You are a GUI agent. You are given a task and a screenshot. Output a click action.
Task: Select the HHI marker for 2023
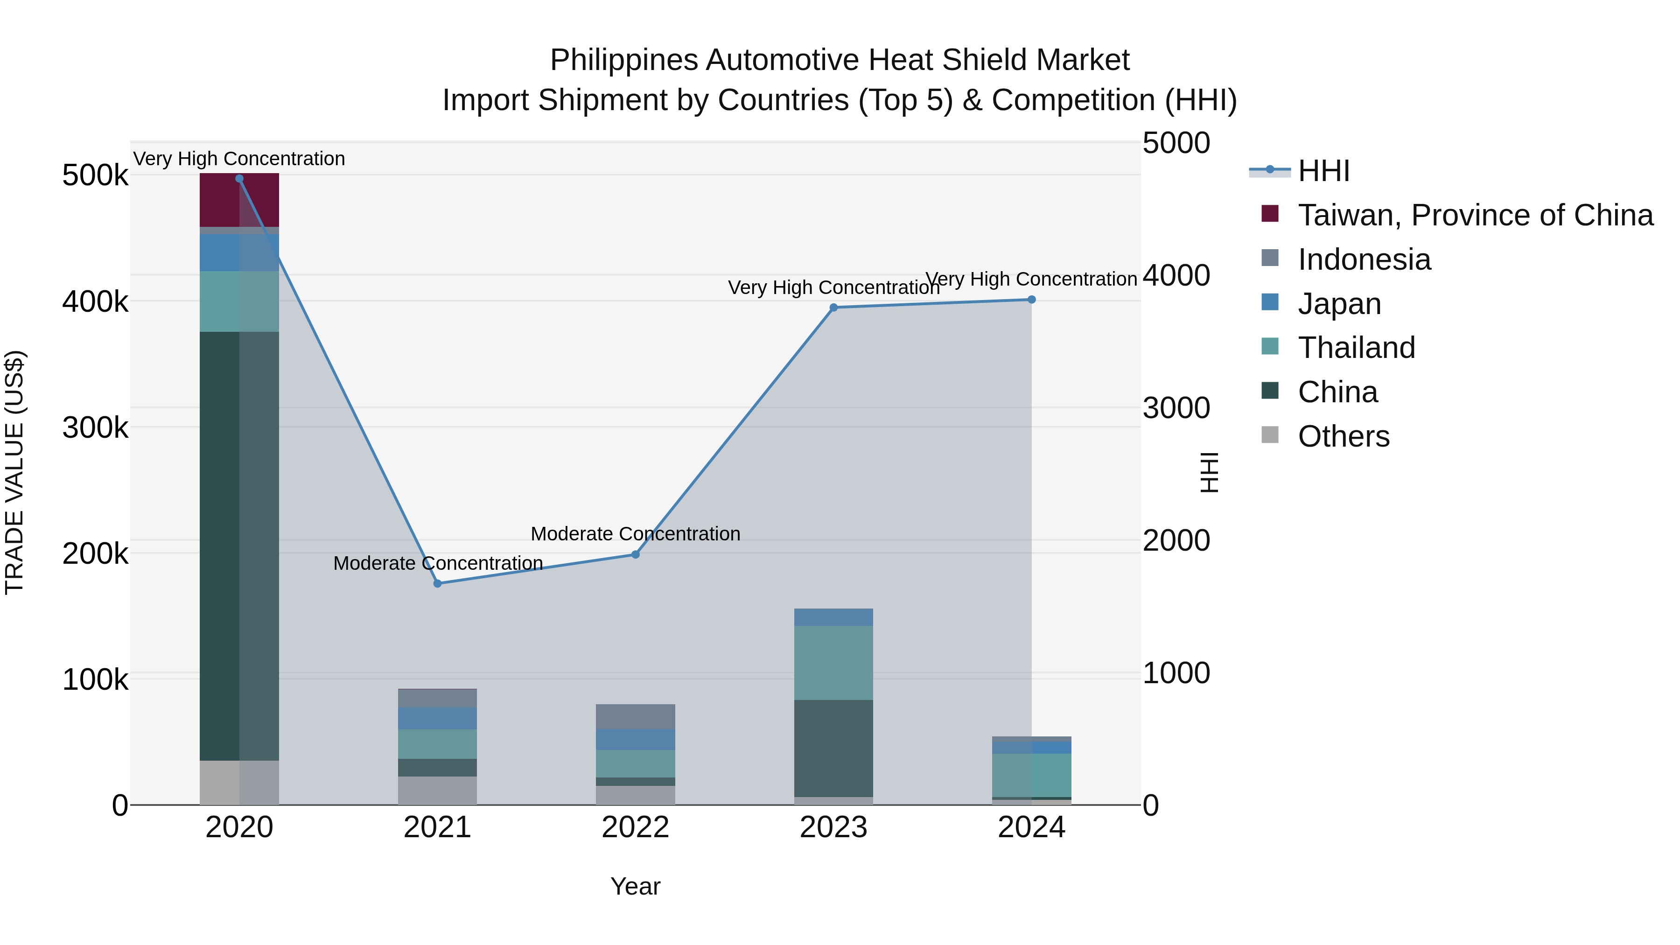[x=833, y=307]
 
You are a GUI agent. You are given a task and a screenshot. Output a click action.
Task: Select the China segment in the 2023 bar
[x=833, y=748]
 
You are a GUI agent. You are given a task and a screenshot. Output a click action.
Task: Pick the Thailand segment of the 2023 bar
[x=833, y=663]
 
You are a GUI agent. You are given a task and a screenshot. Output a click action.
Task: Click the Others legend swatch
[x=1270, y=434]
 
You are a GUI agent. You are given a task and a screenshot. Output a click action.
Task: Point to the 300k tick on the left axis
[x=95, y=428]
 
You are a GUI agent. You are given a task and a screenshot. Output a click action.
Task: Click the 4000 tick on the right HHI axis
[x=1176, y=275]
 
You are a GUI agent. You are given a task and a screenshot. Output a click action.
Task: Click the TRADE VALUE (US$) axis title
[x=14, y=472]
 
